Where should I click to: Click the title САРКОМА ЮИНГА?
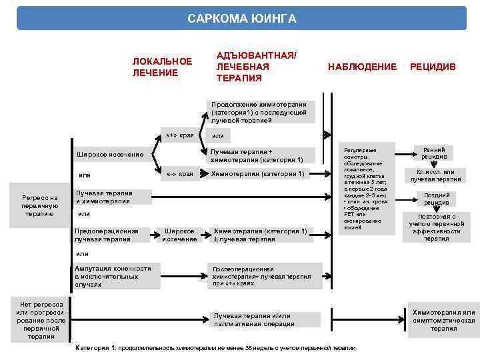(241, 18)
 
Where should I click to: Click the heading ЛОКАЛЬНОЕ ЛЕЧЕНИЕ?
(162, 67)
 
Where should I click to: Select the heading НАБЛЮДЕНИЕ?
(362, 67)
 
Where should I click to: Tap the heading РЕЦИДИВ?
(433, 67)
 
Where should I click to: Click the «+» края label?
(179, 135)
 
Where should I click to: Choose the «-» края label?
(179, 174)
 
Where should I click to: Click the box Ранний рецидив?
(434, 153)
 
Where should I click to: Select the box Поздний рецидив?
(437, 198)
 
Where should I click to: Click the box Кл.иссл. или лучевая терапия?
(435, 175)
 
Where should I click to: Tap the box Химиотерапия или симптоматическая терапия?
(443, 320)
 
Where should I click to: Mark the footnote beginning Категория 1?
(217, 348)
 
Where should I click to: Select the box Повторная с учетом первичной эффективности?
(437, 227)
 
